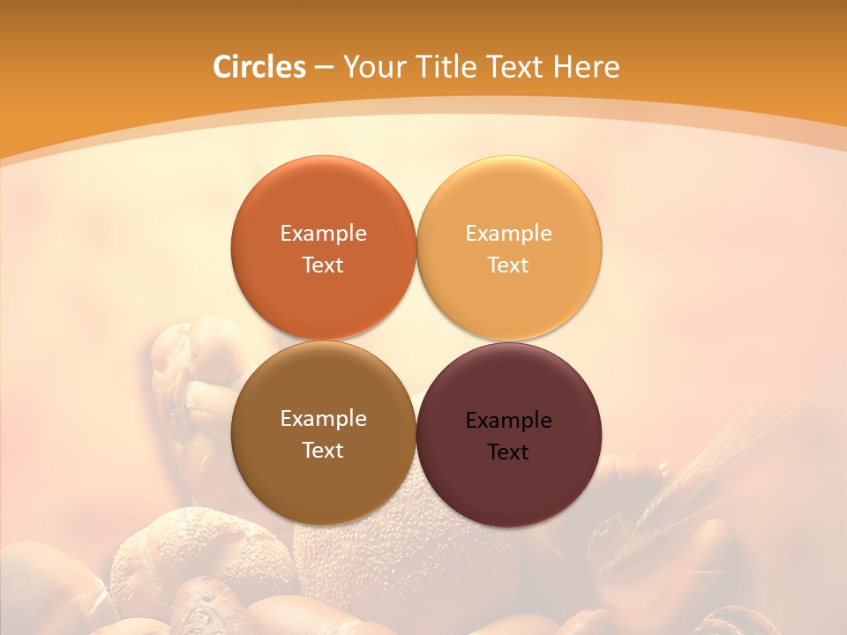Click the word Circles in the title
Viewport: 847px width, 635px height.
[x=259, y=67]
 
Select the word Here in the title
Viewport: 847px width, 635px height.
[x=587, y=67]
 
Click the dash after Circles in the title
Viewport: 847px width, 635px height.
[x=324, y=68]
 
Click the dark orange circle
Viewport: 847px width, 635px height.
[x=323, y=203]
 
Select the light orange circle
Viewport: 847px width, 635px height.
[x=509, y=203]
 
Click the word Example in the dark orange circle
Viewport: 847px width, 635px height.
[x=323, y=234]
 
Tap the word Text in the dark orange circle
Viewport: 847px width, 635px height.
[x=323, y=265]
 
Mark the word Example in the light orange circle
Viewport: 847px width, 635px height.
[x=508, y=234]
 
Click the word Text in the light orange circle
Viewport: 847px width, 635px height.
[x=508, y=265]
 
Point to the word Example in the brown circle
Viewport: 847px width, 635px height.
[x=323, y=419]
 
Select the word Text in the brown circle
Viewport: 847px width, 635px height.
[x=323, y=451]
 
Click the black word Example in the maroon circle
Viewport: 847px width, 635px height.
[x=508, y=421]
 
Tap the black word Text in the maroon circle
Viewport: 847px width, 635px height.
[x=508, y=452]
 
